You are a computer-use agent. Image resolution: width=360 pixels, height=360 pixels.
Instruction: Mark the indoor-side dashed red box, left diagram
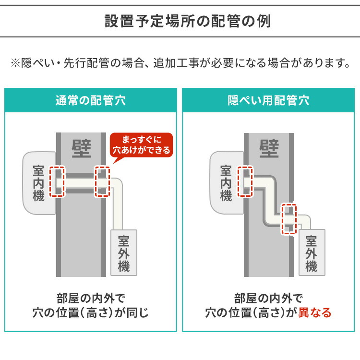coord(58,181)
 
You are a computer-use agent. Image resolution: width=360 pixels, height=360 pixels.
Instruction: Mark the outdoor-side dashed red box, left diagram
coord(103,181)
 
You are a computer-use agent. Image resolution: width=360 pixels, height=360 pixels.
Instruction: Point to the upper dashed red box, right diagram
coord(245,181)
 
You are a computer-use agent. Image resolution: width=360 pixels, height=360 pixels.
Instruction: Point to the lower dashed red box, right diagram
coord(289,218)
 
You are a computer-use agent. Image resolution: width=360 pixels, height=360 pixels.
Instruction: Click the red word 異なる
coord(315,313)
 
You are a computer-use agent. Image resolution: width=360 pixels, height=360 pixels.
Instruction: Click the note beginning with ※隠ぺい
coord(180,63)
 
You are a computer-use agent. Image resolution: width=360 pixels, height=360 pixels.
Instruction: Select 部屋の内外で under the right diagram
coord(268,297)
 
